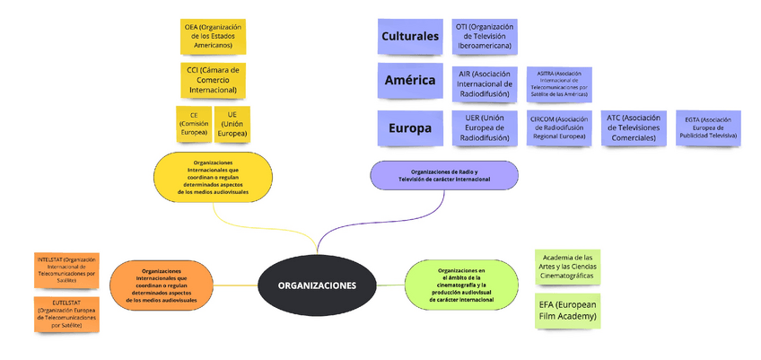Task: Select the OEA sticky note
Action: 212,37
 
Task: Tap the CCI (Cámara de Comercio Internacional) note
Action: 212,80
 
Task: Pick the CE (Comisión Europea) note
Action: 194,124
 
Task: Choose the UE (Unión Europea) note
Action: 232,124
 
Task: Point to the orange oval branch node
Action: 162,285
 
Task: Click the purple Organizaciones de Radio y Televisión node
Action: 444,175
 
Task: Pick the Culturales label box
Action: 409,37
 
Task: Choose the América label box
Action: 409,81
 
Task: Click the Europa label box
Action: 409,128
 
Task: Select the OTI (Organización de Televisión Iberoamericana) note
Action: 484,37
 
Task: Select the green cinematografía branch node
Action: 462,285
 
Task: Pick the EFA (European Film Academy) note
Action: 568,311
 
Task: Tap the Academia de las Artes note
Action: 568,265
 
